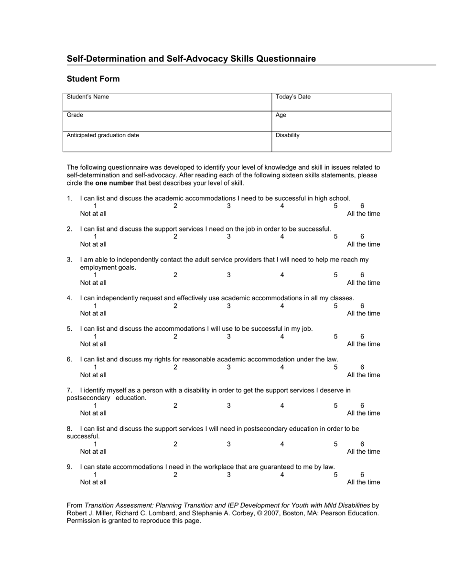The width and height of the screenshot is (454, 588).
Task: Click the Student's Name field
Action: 167,102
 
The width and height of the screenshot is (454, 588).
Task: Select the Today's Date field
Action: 331,102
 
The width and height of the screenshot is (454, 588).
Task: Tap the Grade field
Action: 167,121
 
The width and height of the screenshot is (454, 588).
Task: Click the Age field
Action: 331,121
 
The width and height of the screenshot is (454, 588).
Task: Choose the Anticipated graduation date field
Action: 167,142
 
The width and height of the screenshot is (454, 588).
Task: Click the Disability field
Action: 331,142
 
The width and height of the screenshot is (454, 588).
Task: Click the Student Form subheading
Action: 93,79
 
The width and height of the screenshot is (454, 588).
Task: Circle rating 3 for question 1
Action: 229,206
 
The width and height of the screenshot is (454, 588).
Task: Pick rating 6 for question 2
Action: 362,237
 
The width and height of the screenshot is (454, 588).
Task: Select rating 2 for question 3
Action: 175,275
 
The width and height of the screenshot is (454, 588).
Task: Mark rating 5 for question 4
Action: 335,306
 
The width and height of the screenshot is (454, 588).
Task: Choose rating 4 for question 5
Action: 282,337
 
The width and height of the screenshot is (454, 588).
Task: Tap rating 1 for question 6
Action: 95,367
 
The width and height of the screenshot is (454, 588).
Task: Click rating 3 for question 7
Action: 229,406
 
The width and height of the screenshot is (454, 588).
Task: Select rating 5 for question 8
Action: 335,444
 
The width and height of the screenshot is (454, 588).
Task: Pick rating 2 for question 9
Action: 175,475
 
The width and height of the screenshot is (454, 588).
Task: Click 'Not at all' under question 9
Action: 93,482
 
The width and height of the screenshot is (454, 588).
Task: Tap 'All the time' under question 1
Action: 364,214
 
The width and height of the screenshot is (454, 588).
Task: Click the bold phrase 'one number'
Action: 114,183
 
